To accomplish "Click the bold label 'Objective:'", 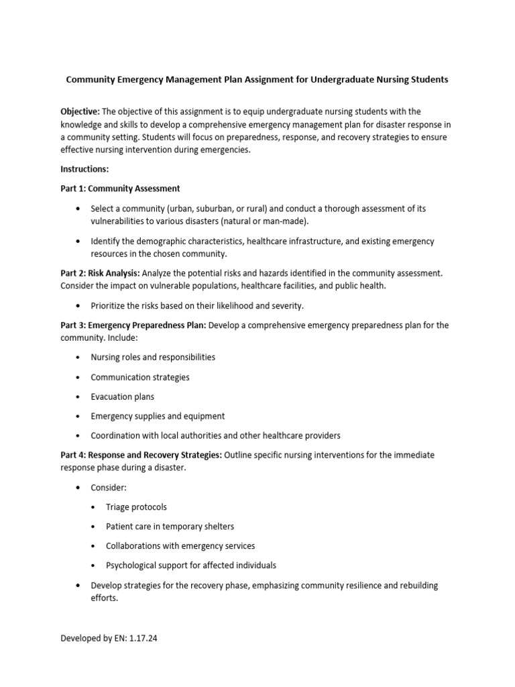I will pyautogui.click(x=80, y=111).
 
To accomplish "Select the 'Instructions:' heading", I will pyautogui.click(x=84, y=169).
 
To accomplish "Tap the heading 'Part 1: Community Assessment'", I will pyautogui.click(x=120, y=189).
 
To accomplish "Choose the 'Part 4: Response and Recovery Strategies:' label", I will pyautogui.click(x=141, y=455).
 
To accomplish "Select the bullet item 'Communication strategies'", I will pyautogui.click(x=140, y=377).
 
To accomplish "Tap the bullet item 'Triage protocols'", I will pyautogui.click(x=136, y=507).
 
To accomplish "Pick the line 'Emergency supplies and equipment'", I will pyautogui.click(x=158, y=416).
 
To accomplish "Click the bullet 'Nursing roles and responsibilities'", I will pyautogui.click(x=153, y=358).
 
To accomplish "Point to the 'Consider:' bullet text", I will pyautogui.click(x=109, y=488).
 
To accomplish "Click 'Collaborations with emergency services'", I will pyautogui.click(x=180, y=546).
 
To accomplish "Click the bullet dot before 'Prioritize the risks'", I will pyautogui.click(x=78, y=306).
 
